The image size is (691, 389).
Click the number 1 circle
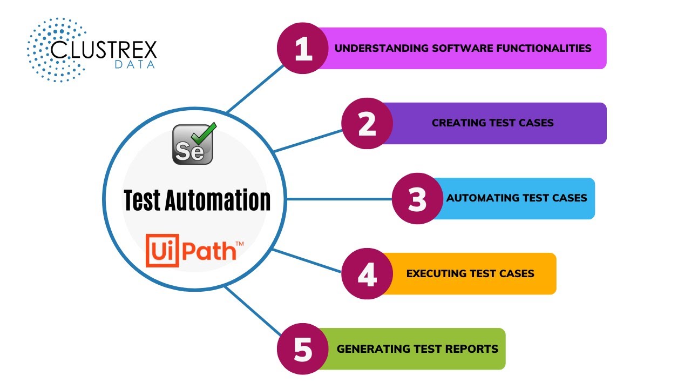pyautogui.click(x=302, y=48)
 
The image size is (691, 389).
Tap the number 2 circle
pyautogui.click(x=367, y=123)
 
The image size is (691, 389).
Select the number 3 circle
pyautogui.click(x=417, y=198)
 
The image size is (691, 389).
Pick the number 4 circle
pyautogui.click(x=367, y=273)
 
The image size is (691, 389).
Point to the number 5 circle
pyautogui.click(x=302, y=349)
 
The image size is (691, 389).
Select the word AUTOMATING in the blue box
pyautogui.click(x=477, y=198)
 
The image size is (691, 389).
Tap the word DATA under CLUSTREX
pyautogui.click(x=135, y=65)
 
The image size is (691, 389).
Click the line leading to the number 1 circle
pyautogui.click(x=254, y=90)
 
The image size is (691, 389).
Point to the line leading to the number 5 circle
pyautogui.click(x=251, y=311)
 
